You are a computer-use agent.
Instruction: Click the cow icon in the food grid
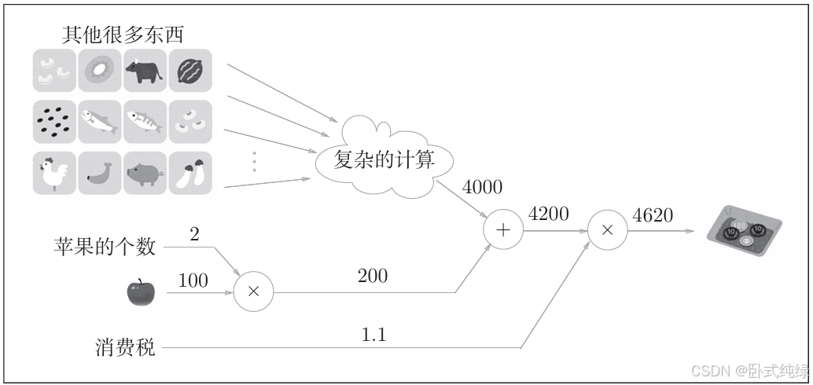pyautogui.click(x=145, y=71)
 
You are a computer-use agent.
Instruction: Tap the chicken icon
pyautogui.click(x=54, y=173)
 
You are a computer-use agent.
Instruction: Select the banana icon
pyautogui.click(x=100, y=173)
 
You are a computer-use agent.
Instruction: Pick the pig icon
pyautogui.click(x=145, y=173)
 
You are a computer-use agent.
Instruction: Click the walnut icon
pyautogui.click(x=189, y=71)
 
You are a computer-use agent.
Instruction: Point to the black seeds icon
pyautogui.click(x=54, y=122)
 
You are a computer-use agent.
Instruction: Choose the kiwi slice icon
pyautogui.click(x=100, y=71)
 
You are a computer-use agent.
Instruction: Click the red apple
pyautogui.click(x=142, y=291)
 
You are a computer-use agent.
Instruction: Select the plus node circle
pyautogui.click(x=504, y=230)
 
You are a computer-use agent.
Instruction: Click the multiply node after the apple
pyautogui.click(x=253, y=291)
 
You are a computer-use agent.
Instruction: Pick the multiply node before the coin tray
pyautogui.click(x=607, y=230)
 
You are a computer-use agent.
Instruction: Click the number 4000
pyautogui.click(x=482, y=187)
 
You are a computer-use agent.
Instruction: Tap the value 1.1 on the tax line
pyautogui.click(x=373, y=334)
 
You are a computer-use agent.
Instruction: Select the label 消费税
pyautogui.click(x=123, y=347)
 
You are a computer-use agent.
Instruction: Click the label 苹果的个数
pyautogui.click(x=105, y=247)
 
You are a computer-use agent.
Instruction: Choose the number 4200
pyautogui.click(x=550, y=214)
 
